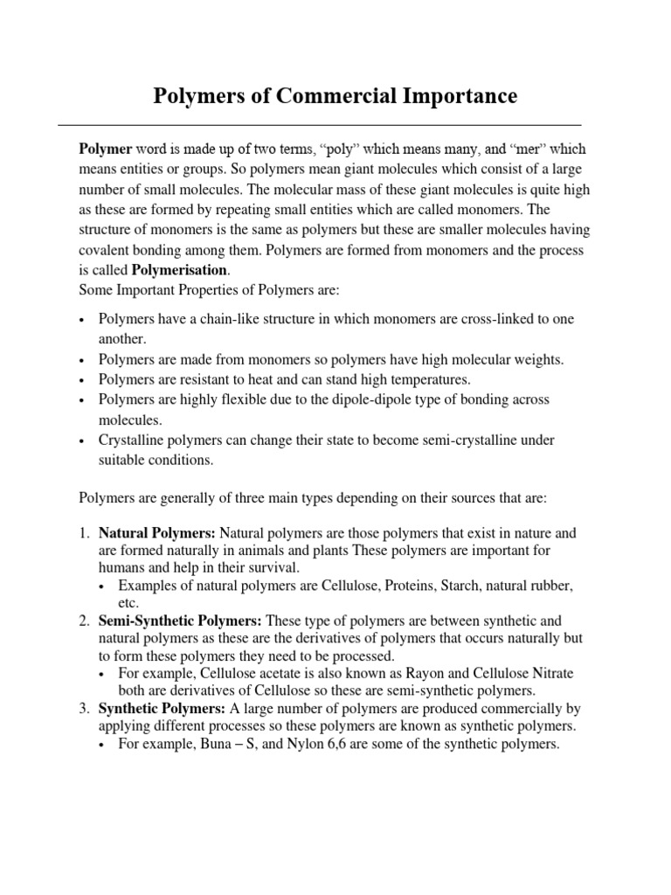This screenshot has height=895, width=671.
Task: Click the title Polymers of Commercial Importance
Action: coord(335,95)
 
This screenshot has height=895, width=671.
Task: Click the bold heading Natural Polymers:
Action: coord(157,532)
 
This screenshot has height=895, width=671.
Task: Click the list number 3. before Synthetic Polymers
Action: coord(85,709)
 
